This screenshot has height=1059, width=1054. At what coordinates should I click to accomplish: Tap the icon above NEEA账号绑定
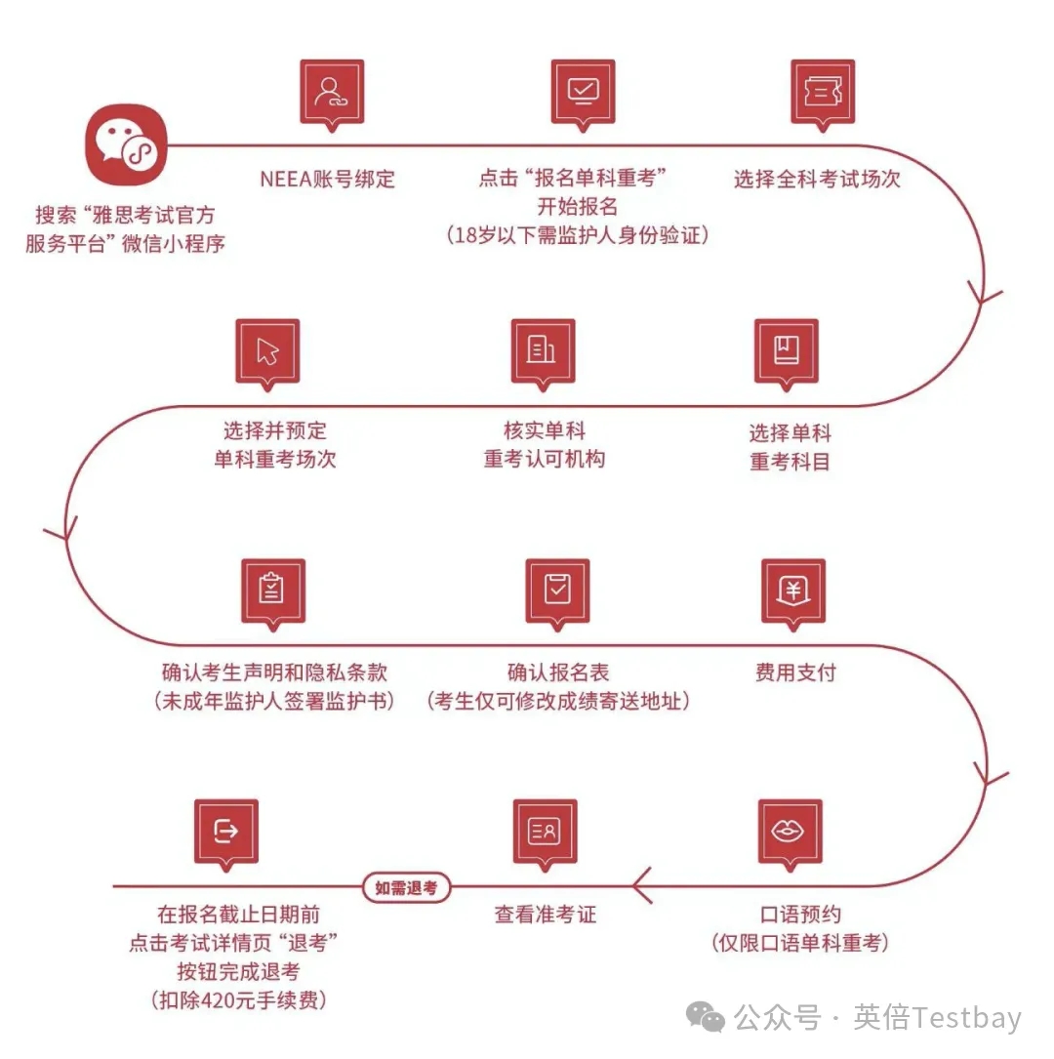(x=332, y=91)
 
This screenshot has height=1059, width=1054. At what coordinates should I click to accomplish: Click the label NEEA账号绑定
(x=327, y=179)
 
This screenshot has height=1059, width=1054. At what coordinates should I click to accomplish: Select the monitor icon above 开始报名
(x=583, y=91)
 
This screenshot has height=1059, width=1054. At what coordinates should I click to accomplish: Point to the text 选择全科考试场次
(x=817, y=179)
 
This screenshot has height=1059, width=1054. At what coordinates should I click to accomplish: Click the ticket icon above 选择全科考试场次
(x=823, y=91)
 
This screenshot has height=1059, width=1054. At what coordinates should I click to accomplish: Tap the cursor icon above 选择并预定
(x=267, y=350)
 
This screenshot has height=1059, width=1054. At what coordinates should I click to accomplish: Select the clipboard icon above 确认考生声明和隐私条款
(x=273, y=590)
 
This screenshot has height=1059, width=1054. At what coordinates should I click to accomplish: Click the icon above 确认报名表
(x=557, y=590)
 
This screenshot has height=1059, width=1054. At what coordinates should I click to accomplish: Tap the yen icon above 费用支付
(x=792, y=590)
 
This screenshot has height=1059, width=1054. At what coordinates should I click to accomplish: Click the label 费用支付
(x=795, y=672)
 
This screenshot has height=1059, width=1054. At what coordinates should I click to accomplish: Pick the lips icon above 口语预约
(x=790, y=831)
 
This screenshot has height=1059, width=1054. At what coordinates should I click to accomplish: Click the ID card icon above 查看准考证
(x=545, y=831)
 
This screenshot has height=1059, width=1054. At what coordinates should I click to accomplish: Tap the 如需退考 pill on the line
(x=406, y=887)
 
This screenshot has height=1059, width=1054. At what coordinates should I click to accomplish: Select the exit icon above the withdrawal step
(x=226, y=831)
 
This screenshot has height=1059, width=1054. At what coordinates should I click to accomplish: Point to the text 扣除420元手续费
(x=238, y=1000)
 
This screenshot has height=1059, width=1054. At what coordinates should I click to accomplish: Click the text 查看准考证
(x=546, y=915)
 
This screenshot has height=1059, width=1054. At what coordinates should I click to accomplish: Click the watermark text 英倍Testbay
(x=937, y=1018)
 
